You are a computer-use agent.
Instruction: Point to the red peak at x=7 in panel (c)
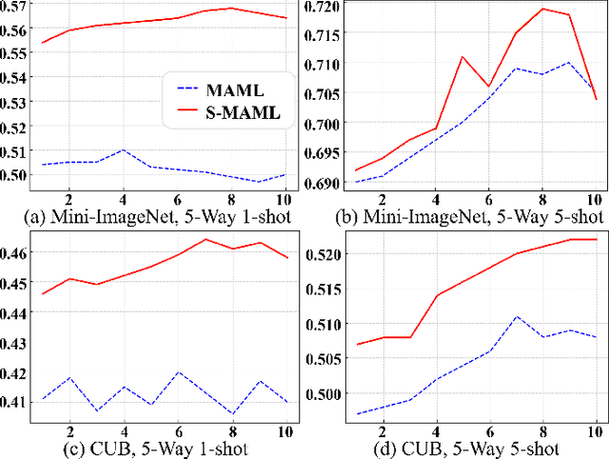coord(206,239)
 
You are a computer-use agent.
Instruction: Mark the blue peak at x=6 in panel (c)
coord(178,372)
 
